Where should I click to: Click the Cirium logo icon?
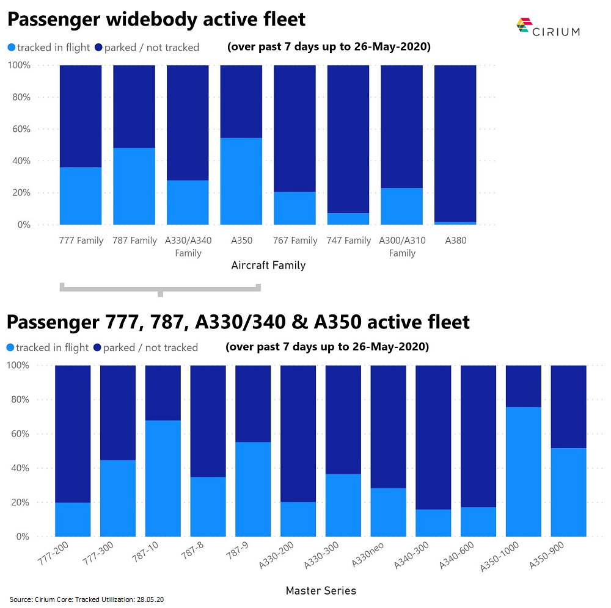[x=523, y=25]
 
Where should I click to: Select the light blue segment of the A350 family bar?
[x=241, y=181]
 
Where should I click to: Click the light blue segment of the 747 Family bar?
[x=348, y=219]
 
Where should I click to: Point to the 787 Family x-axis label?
[x=134, y=241]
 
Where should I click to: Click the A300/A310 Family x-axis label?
[x=402, y=247]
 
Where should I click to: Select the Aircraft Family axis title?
[x=268, y=266]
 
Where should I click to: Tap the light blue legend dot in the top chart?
[x=11, y=48]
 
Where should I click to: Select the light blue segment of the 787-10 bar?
[x=163, y=479]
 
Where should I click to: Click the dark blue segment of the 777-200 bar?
[x=73, y=434]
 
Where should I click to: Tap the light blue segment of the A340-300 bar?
[x=433, y=523]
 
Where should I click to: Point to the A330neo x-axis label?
[x=365, y=553]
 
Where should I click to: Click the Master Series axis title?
[x=320, y=590]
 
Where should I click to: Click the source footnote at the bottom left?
[x=87, y=599]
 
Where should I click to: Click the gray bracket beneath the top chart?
[x=160, y=288]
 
